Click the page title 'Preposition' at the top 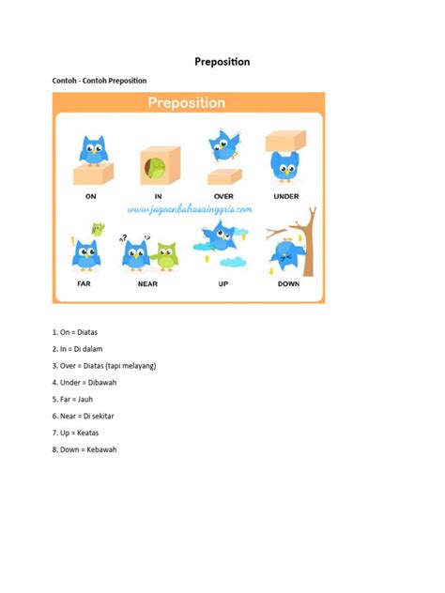tap(222, 62)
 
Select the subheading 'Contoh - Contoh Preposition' tap(99, 81)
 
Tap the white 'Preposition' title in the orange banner tap(186, 103)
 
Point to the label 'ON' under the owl tap(91, 196)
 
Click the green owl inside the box tap(151, 170)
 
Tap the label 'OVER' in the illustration tap(223, 196)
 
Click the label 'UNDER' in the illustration tap(286, 196)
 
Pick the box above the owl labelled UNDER tap(286, 141)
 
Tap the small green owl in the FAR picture tap(98, 228)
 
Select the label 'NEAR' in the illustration tap(148, 282)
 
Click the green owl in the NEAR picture tap(165, 255)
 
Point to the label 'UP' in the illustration tap(223, 282)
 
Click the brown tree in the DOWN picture tap(302, 239)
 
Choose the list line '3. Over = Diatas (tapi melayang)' tap(104, 365)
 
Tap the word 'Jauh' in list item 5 tap(85, 399)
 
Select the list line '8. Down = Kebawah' tap(84, 449)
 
